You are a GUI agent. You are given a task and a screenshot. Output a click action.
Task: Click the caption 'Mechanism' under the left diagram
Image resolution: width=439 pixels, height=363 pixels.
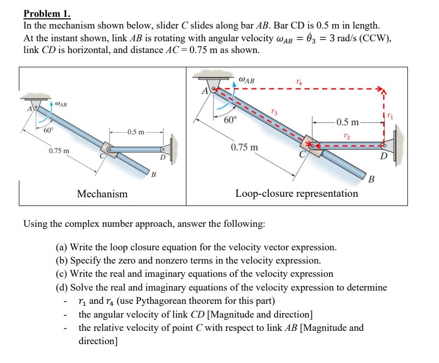tap(102, 194)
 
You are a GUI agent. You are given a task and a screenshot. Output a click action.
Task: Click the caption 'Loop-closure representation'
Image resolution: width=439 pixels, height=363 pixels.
tap(296, 194)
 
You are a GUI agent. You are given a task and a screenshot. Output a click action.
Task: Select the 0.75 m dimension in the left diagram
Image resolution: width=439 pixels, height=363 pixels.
tap(60, 151)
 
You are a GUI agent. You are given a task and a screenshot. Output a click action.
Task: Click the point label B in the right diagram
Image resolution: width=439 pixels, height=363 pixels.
tap(371, 179)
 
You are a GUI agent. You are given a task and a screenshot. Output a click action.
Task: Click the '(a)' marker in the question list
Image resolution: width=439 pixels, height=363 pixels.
tap(62, 247)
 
